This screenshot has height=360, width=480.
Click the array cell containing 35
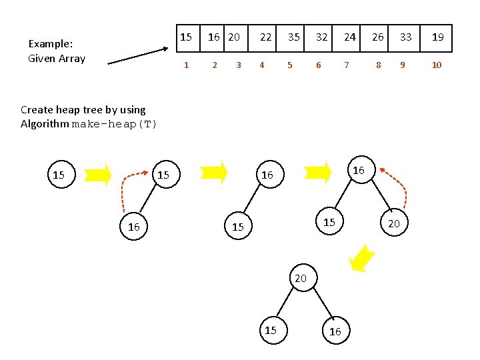(293, 38)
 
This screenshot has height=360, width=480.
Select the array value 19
(437, 38)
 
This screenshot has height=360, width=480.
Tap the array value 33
(405, 38)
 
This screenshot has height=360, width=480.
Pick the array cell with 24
(349, 38)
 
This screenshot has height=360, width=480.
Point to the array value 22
(265, 38)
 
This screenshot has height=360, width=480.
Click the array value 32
(321, 38)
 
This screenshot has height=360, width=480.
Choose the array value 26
(377, 38)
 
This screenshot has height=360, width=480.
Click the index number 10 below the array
(437, 65)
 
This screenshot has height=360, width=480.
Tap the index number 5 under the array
(289, 65)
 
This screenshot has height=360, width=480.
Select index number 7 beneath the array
(345, 65)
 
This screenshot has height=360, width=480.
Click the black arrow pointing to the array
(138, 55)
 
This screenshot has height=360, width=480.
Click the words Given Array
(57, 59)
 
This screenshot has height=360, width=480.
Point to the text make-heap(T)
(114, 124)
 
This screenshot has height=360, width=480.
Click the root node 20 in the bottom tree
(301, 279)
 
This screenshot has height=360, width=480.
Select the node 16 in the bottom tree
(335, 331)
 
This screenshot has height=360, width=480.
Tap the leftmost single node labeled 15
(59, 175)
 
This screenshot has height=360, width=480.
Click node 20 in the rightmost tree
(394, 224)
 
